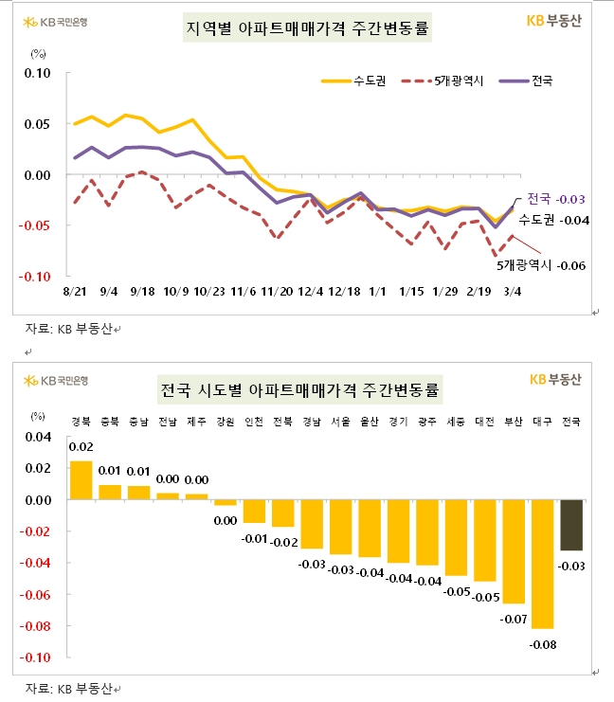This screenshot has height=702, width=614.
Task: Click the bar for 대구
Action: (542, 564)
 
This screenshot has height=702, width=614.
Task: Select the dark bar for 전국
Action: (571, 525)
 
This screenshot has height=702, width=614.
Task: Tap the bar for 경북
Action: (81, 480)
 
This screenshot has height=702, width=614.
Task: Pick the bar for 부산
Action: (514, 551)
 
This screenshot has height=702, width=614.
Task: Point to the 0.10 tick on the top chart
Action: (38, 74)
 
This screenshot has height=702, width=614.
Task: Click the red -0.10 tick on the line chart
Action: (37, 277)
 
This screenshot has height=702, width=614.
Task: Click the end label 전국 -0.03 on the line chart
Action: (554, 200)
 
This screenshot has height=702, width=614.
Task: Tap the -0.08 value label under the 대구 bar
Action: (544, 644)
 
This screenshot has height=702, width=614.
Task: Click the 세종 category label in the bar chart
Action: (456, 422)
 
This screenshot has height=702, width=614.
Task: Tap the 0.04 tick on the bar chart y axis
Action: (39, 437)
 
